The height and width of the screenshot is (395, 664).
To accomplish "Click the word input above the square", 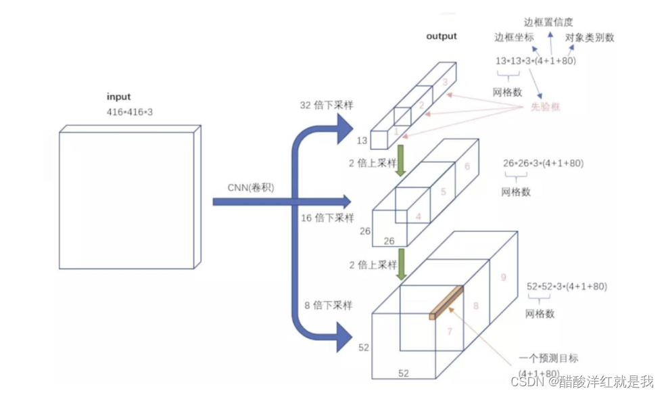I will [119, 97].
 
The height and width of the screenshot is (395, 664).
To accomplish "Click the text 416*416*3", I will [130, 112].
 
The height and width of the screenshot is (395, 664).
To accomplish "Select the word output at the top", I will [442, 36].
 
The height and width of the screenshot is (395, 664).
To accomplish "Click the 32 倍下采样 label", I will [327, 106].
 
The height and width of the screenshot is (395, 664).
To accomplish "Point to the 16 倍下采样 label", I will [327, 218].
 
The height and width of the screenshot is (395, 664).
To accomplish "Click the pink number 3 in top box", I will [444, 82].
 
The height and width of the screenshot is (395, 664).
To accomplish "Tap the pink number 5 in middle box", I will [443, 191].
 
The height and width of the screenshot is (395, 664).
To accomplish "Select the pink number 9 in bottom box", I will [502, 277].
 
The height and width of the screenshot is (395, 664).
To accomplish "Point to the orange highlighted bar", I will [446, 301].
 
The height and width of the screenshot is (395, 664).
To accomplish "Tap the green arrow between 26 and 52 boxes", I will [400, 264].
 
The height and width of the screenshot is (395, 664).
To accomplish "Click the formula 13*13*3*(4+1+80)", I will [536, 61].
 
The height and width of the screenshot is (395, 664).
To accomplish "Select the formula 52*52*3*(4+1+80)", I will [567, 287].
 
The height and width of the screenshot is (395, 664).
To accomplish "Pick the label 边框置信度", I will [548, 22].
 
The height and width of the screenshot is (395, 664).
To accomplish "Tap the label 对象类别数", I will [590, 38].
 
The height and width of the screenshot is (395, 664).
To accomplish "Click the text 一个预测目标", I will [548, 358].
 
